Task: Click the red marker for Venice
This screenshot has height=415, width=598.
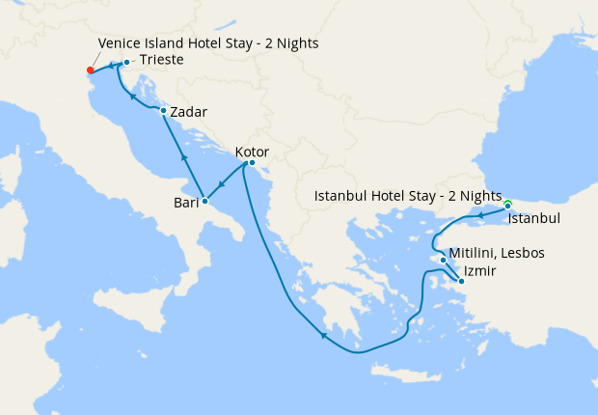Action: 90,69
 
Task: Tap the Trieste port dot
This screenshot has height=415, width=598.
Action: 126,63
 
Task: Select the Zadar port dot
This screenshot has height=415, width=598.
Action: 163,111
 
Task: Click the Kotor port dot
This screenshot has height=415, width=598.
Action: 251,163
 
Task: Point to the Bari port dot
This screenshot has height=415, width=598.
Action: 204,201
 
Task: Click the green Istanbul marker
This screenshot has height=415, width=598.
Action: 507,205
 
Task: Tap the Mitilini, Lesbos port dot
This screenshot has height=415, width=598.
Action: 443,260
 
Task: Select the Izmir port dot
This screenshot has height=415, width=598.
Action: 461,281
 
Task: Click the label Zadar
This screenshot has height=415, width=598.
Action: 188,112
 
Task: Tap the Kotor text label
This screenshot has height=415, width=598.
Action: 252,152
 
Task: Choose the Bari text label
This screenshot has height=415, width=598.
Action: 186,203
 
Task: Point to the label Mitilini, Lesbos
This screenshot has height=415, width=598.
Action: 497,254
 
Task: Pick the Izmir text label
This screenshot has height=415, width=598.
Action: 480,271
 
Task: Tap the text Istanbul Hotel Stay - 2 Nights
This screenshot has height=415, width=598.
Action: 408,196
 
